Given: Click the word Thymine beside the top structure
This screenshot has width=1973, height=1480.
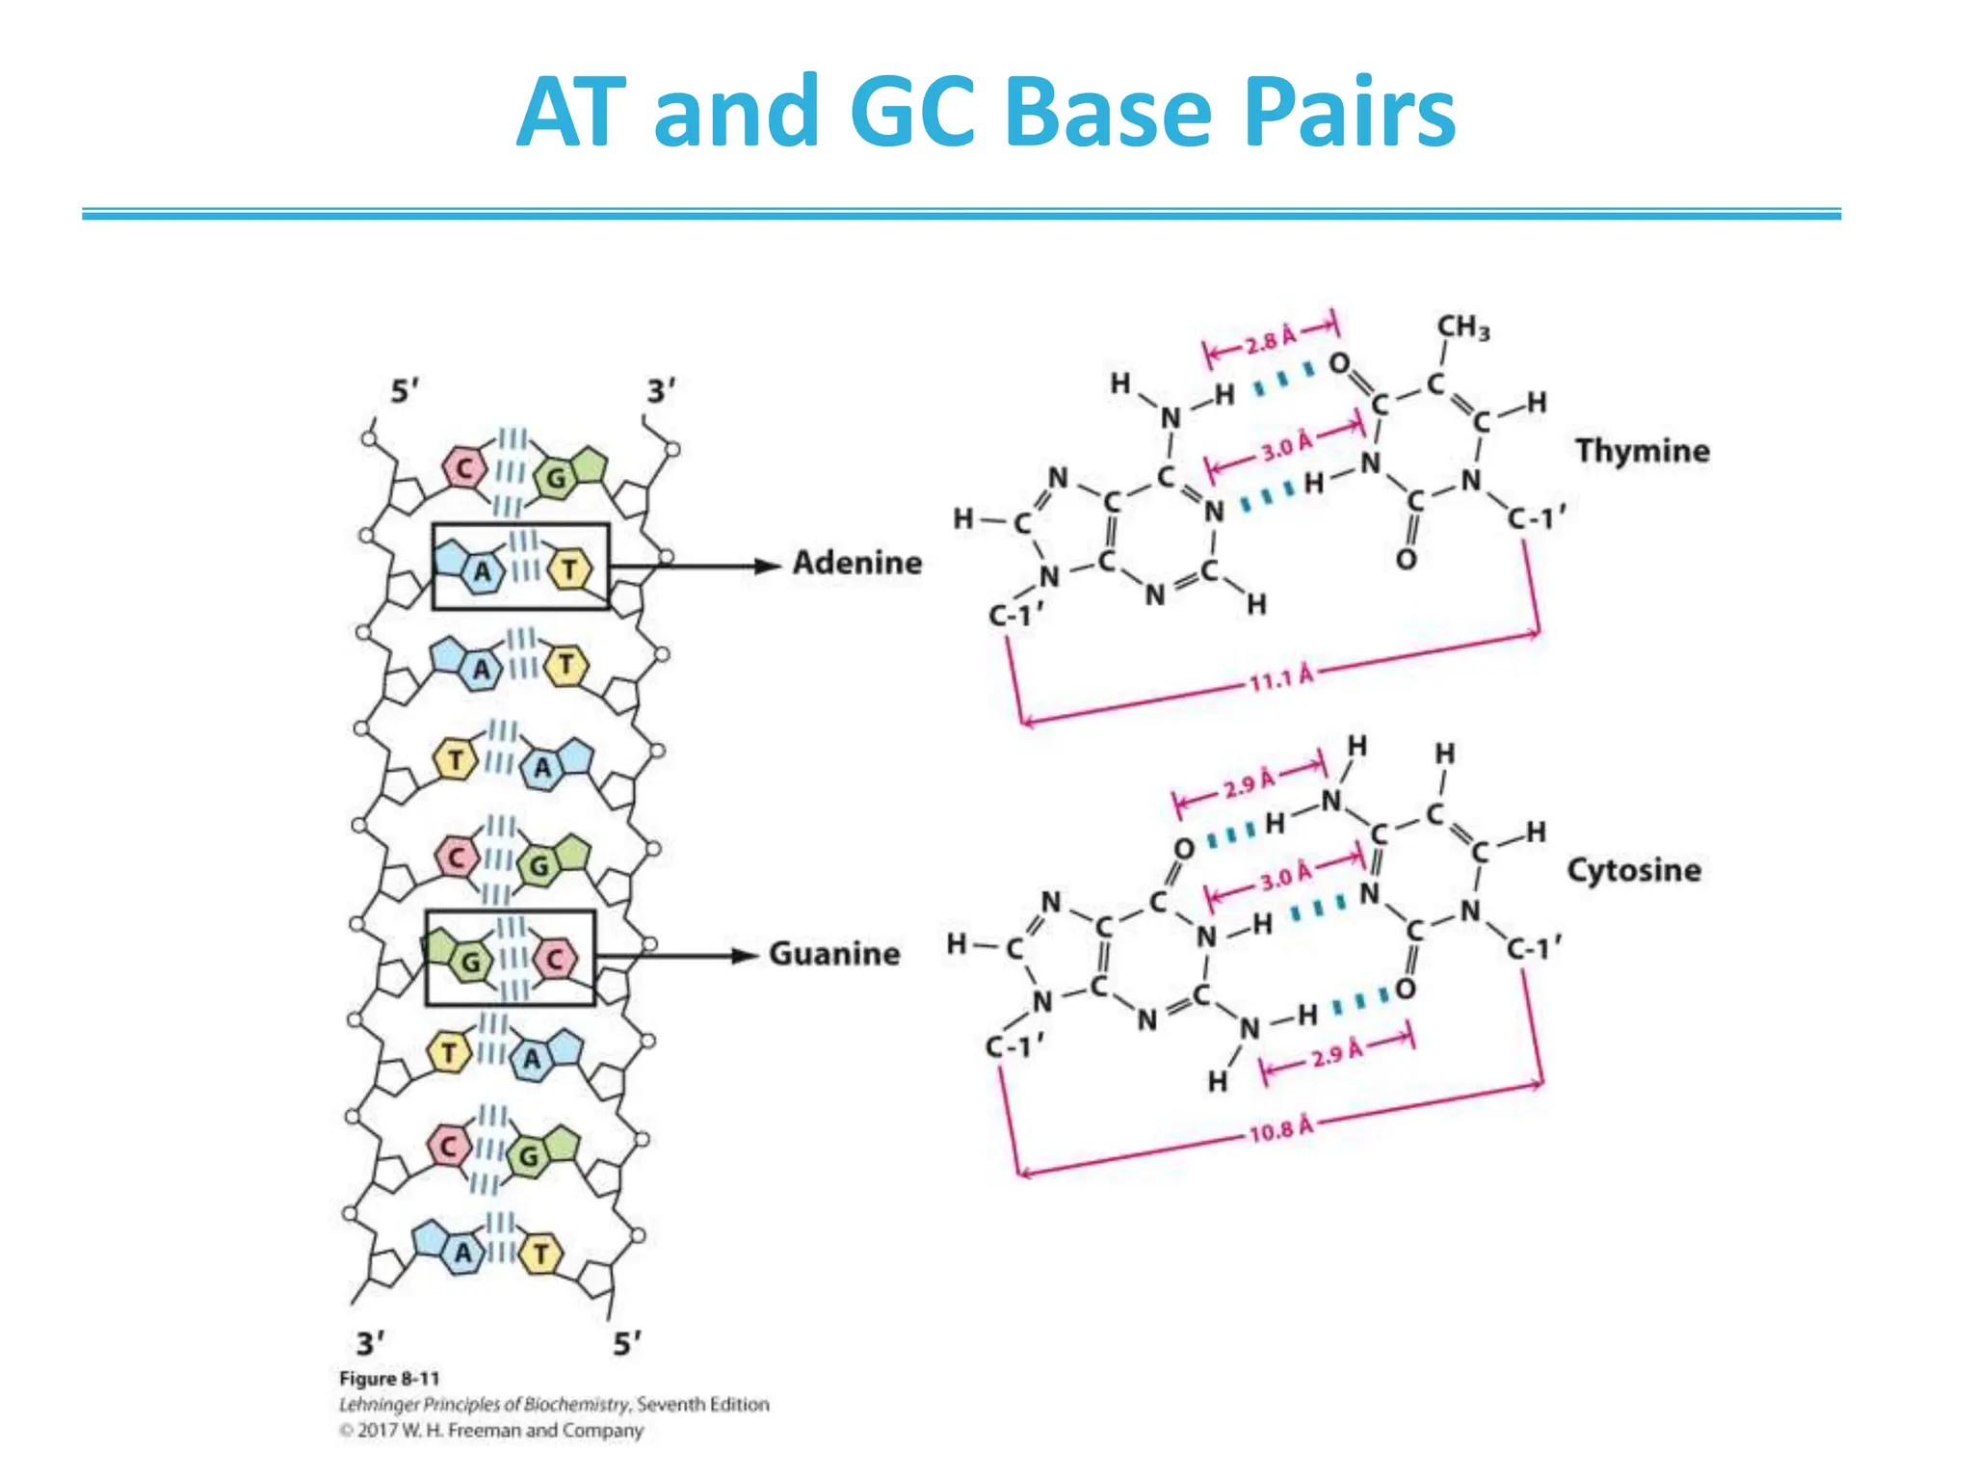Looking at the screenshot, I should click(1642, 451).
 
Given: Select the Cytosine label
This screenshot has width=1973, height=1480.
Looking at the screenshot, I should click(1633, 870).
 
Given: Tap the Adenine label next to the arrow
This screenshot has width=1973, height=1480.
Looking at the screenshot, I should click(856, 563).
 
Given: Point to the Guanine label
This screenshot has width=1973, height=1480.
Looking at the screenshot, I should click(834, 954).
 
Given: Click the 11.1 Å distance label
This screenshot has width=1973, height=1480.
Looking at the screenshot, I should click(1281, 678).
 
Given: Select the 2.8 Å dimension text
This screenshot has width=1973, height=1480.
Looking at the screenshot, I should click(1271, 340).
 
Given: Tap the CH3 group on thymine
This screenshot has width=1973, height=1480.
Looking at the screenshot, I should click(1462, 328).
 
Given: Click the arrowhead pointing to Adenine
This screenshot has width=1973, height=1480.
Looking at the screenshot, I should click(767, 566).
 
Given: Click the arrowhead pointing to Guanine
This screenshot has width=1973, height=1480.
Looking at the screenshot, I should click(745, 956).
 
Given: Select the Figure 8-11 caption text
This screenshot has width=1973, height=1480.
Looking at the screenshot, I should click(389, 1379).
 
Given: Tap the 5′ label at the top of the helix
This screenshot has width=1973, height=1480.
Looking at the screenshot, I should click(405, 392).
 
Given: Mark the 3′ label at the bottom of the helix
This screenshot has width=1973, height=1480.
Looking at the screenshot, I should click(370, 1343).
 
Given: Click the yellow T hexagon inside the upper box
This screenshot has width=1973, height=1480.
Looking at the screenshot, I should click(569, 569).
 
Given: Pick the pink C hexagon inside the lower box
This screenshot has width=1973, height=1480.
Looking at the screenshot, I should click(555, 959).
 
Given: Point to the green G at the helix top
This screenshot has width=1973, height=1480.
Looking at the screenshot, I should click(557, 478).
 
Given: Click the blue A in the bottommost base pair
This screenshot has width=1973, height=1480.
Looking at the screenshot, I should click(463, 1253).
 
